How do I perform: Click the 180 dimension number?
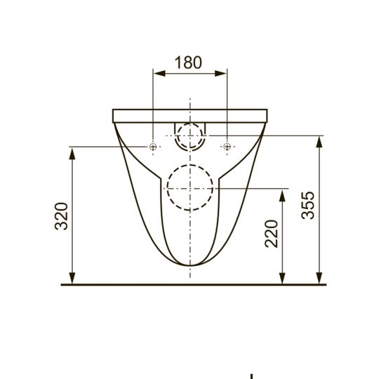pos(189,62)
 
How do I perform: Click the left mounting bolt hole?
pos(153,147)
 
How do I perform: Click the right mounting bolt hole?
pos(226,147)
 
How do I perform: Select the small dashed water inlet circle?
pos(189,135)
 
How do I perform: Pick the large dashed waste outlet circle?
pos(189,187)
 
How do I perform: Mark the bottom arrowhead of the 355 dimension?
pos(320,279)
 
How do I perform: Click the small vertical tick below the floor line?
pos(251,375)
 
